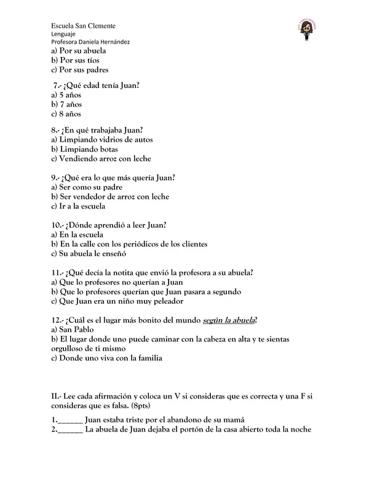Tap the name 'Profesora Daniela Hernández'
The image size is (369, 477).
(x=90, y=42)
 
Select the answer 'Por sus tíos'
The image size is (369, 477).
(x=76, y=60)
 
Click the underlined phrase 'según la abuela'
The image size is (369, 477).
(x=228, y=320)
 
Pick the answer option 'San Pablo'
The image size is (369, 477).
(x=74, y=330)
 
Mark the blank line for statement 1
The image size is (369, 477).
(x=71, y=421)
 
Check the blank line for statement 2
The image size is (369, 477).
(x=71, y=430)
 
